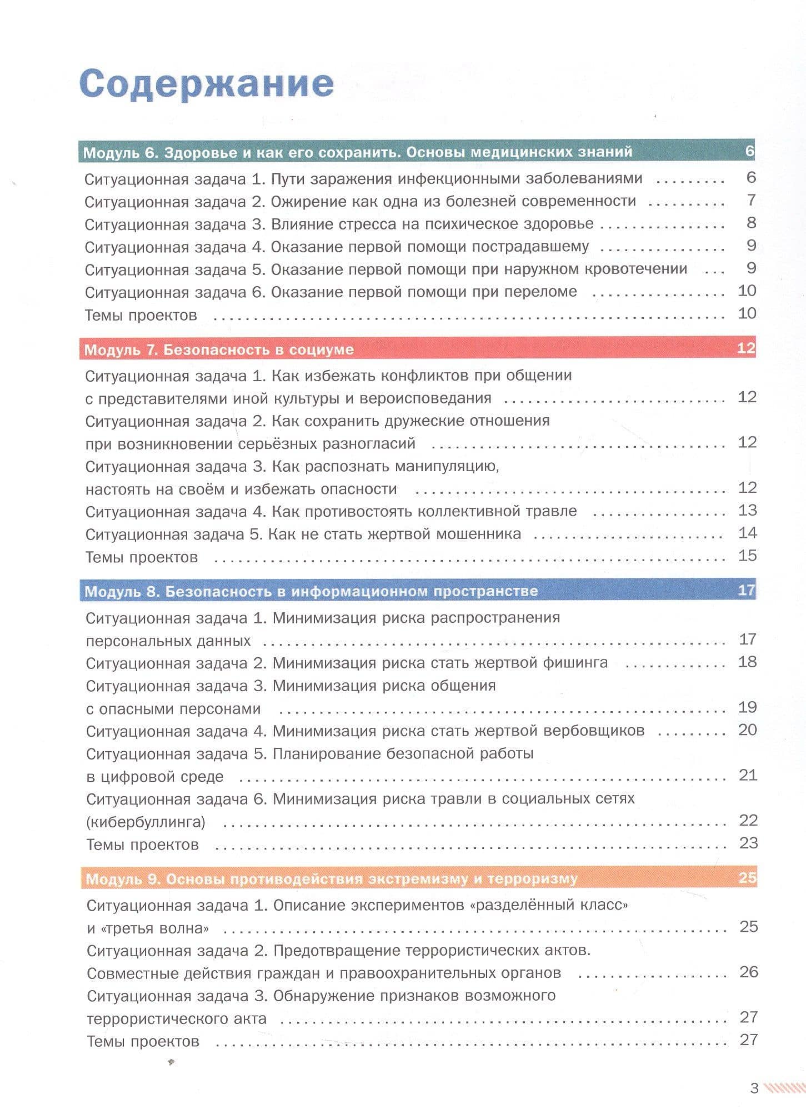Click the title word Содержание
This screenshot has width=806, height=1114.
[207, 83]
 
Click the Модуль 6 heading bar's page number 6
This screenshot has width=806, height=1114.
[749, 151]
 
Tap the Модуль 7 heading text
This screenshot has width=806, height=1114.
[219, 349]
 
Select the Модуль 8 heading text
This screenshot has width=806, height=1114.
[311, 591]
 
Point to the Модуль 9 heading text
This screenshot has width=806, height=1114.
[332, 878]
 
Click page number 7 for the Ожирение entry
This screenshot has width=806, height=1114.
[751, 200]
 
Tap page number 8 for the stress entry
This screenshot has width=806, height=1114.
[751, 223]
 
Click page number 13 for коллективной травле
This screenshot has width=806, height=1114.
[747, 510]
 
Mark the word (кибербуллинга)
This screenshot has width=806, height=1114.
[146, 822]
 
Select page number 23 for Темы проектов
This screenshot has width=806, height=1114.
[748, 843]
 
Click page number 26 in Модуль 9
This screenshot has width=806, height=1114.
[749, 972]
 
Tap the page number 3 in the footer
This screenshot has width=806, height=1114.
[754, 1088]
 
